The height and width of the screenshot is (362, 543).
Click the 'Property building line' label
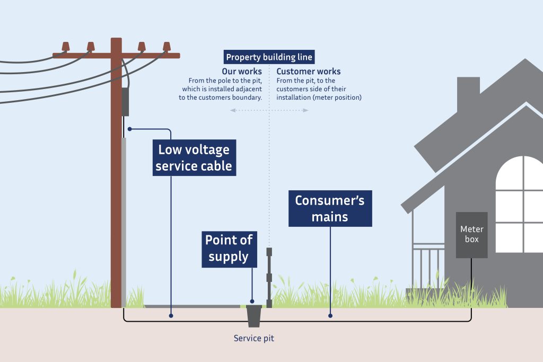point(269,57)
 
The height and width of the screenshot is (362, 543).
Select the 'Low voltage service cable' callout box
point(194,157)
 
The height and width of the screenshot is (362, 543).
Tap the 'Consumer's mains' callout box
point(330,208)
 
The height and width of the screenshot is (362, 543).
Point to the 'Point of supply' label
point(229,248)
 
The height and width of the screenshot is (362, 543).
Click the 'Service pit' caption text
point(254,338)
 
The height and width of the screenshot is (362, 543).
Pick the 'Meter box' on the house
point(471,235)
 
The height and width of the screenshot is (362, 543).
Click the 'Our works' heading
point(242,72)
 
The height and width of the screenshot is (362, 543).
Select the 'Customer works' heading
point(309,72)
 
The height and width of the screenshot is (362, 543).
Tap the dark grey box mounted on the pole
point(126,102)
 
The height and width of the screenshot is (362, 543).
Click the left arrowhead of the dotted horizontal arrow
point(232,110)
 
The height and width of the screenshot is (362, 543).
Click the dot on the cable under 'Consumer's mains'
point(330,315)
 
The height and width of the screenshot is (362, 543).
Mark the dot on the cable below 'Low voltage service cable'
point(171,315)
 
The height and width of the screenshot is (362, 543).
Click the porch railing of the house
point(428,265)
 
